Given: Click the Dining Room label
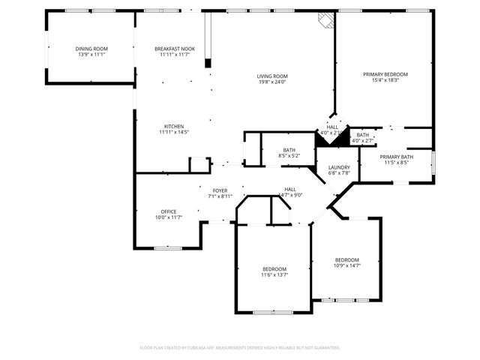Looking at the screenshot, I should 91,49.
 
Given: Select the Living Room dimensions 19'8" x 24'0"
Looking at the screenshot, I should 272,82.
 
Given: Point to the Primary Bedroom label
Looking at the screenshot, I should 385,74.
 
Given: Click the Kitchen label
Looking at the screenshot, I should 174,126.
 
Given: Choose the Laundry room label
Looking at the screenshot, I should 339,167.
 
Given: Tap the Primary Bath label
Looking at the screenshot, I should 395,156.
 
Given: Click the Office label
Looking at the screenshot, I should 168,211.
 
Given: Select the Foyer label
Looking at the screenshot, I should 220,190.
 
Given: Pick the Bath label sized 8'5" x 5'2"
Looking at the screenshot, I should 289,150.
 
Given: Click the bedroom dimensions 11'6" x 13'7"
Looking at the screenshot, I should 274,275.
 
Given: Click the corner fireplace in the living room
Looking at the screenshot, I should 324,20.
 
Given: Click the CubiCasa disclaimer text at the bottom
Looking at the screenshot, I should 240,348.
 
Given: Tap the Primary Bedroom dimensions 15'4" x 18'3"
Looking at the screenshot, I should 385,80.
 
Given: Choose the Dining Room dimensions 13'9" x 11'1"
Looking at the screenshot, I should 91,55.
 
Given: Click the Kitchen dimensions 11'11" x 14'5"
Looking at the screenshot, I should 174,132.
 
